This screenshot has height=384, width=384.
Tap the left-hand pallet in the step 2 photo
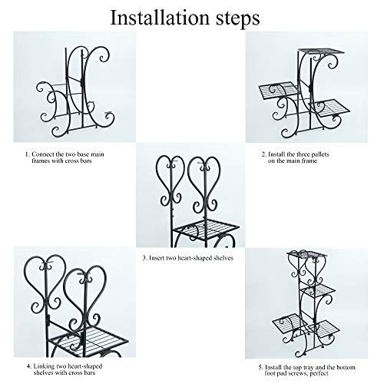pyautogui.click(x=274, y=90)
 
